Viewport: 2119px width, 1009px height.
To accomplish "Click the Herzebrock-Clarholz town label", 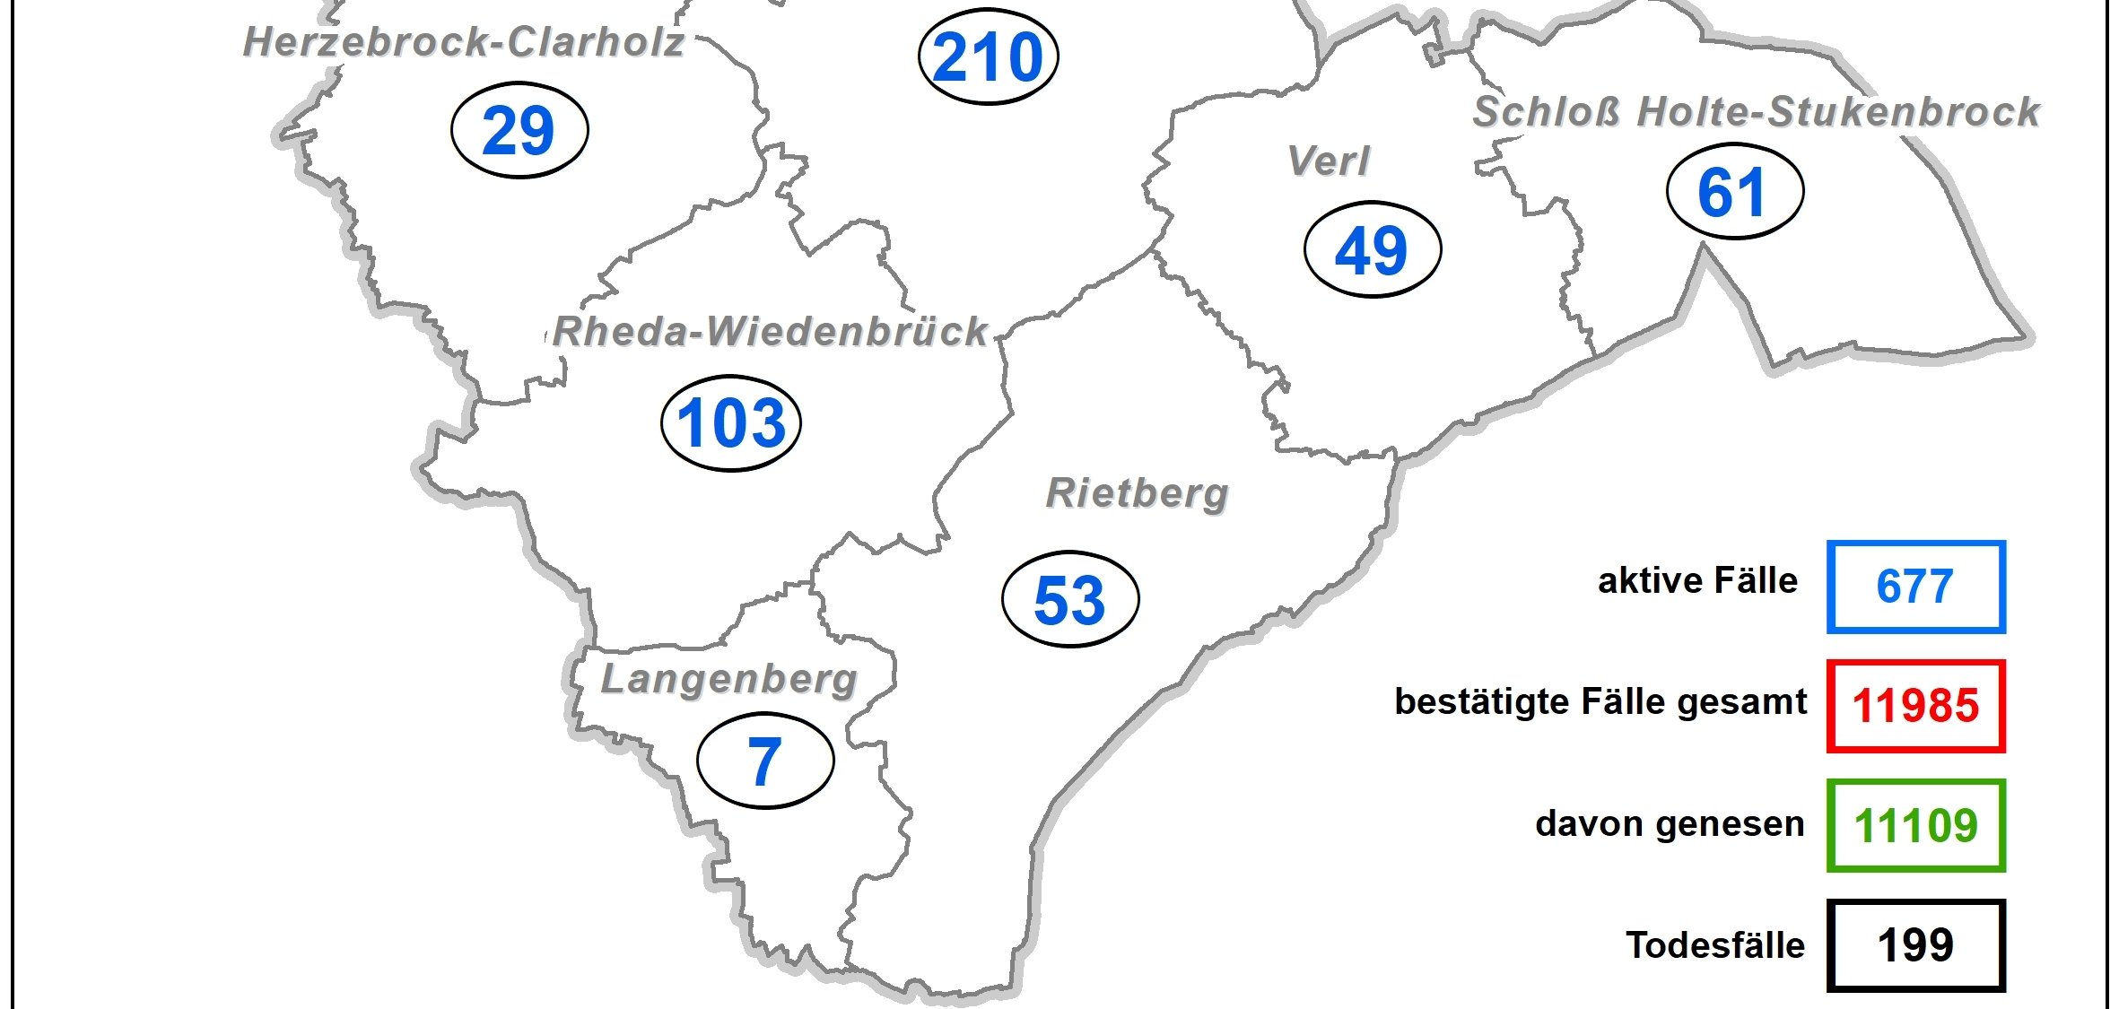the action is tap(464, 42).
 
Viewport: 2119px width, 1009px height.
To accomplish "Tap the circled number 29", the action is tap(519, 131).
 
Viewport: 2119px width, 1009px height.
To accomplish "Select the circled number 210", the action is tap(989, 57).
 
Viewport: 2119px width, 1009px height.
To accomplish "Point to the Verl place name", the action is tap(1329, 162).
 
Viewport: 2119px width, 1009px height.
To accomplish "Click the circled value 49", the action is tap(1372, 250).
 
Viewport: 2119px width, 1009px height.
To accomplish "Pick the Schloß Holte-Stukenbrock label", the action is tap(1757, 113).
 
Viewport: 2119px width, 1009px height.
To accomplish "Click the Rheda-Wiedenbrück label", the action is tap(771, 332).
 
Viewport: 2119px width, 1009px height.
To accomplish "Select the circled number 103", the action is tap(731, 423).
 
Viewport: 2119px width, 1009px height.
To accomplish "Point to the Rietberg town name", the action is tap(1138, 493).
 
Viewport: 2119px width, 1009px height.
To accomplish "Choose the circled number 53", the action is tap(1069, 600).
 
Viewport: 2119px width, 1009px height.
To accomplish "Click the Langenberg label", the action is tap(728, 679).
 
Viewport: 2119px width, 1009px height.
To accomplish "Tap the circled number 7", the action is tap(765, 761).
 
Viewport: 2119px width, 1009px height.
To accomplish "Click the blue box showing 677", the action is tap(1915, 587).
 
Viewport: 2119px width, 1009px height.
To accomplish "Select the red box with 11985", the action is tap(1915, 706).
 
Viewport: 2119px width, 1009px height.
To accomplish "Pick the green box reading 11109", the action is tap(1915, 826).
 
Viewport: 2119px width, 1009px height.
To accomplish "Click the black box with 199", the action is tap(1915, 945).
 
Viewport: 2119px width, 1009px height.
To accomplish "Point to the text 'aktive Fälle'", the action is tap(1697, 581).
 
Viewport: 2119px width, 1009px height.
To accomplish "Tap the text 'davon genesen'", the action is tap(1670, 823).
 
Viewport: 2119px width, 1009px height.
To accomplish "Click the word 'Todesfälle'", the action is tap(1714, 945).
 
